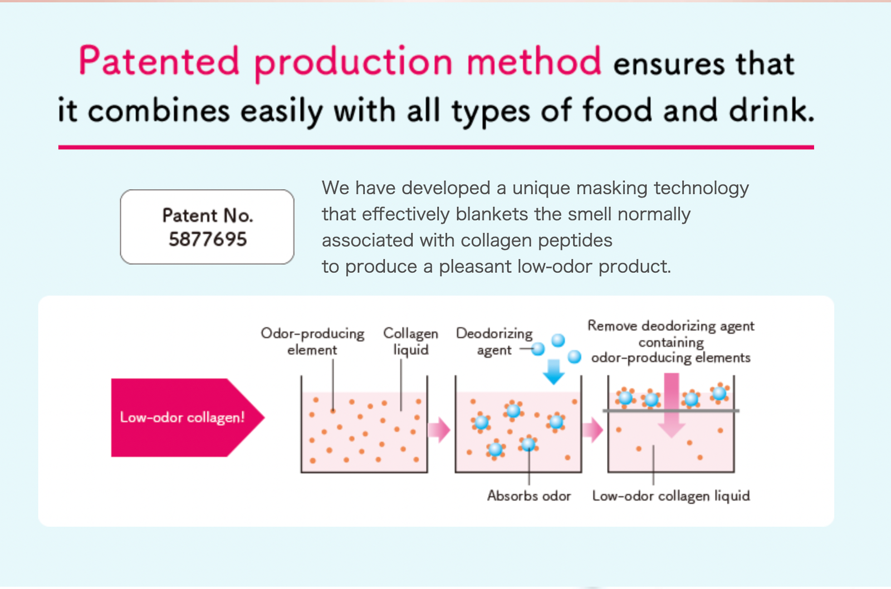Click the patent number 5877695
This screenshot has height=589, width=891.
click(x=208, y=239)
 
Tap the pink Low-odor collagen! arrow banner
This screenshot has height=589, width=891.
click(x=188, y=418)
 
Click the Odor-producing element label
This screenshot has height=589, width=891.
click(x=312, y=342)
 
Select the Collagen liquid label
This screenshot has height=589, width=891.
click(x=410, y=342)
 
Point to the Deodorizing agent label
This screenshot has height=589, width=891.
click(x=494, y=342)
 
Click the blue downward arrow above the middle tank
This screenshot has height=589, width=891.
click(x=554, y=372)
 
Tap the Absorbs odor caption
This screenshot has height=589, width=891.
click(x=529, y=496)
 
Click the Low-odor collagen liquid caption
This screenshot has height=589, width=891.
click(x=671, y=497)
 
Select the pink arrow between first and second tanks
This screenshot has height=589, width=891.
click(x=439, y=430)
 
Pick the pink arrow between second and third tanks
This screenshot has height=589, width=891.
click(x=593, y=430)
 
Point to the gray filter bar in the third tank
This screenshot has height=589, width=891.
click(x=671, y=410)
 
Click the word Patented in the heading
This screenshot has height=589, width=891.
click(x=159, y=61)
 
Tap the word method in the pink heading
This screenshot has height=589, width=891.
click(x=534, y=61)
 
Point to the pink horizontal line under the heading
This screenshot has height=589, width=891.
click(x=436, y=147)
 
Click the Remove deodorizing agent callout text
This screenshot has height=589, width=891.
click(x=671, y=342)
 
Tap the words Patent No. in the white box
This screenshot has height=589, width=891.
click(x=208, y=215)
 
